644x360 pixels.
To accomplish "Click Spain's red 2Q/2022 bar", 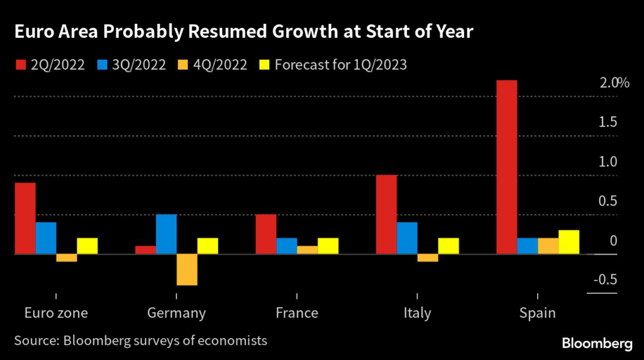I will tap(507, 167).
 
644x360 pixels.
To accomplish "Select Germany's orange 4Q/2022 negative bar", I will tap(187, 270).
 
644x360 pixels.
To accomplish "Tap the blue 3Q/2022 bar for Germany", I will tap(166, 234).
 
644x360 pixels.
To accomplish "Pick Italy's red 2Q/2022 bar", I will tap(386, 215).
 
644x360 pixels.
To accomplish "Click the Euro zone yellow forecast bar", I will tap(87, 246).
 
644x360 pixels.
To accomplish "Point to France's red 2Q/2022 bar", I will tap(266, 234).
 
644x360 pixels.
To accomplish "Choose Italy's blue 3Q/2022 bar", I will tap(407, 238).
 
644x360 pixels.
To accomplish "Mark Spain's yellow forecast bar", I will tap(569, 242).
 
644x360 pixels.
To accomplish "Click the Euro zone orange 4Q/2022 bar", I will tap(66, 258).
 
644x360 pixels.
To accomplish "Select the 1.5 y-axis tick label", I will tap(608, 122).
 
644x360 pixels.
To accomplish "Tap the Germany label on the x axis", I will tap(176, 313).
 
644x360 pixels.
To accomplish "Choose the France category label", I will tap(297, 313).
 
